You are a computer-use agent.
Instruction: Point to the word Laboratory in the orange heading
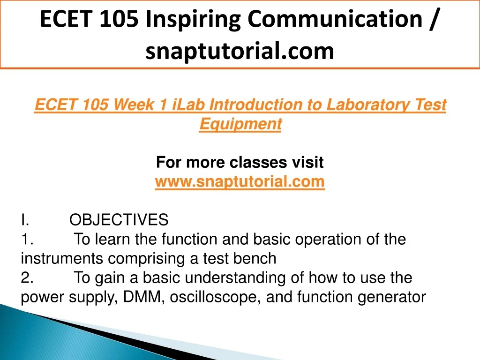(368, 105)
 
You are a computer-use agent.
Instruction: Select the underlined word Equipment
(240, 124)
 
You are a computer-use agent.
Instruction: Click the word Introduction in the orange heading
(255, 105)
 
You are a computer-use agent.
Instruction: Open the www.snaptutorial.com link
(240, 181)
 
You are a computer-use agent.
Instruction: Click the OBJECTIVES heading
(119, 219)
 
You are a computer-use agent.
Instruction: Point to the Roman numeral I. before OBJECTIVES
(25, 220)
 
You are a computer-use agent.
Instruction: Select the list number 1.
(27, 239)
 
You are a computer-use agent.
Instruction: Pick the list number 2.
(27, 277)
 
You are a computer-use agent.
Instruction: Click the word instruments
(62, 258)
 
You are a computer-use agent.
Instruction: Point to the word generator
(391, 297)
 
